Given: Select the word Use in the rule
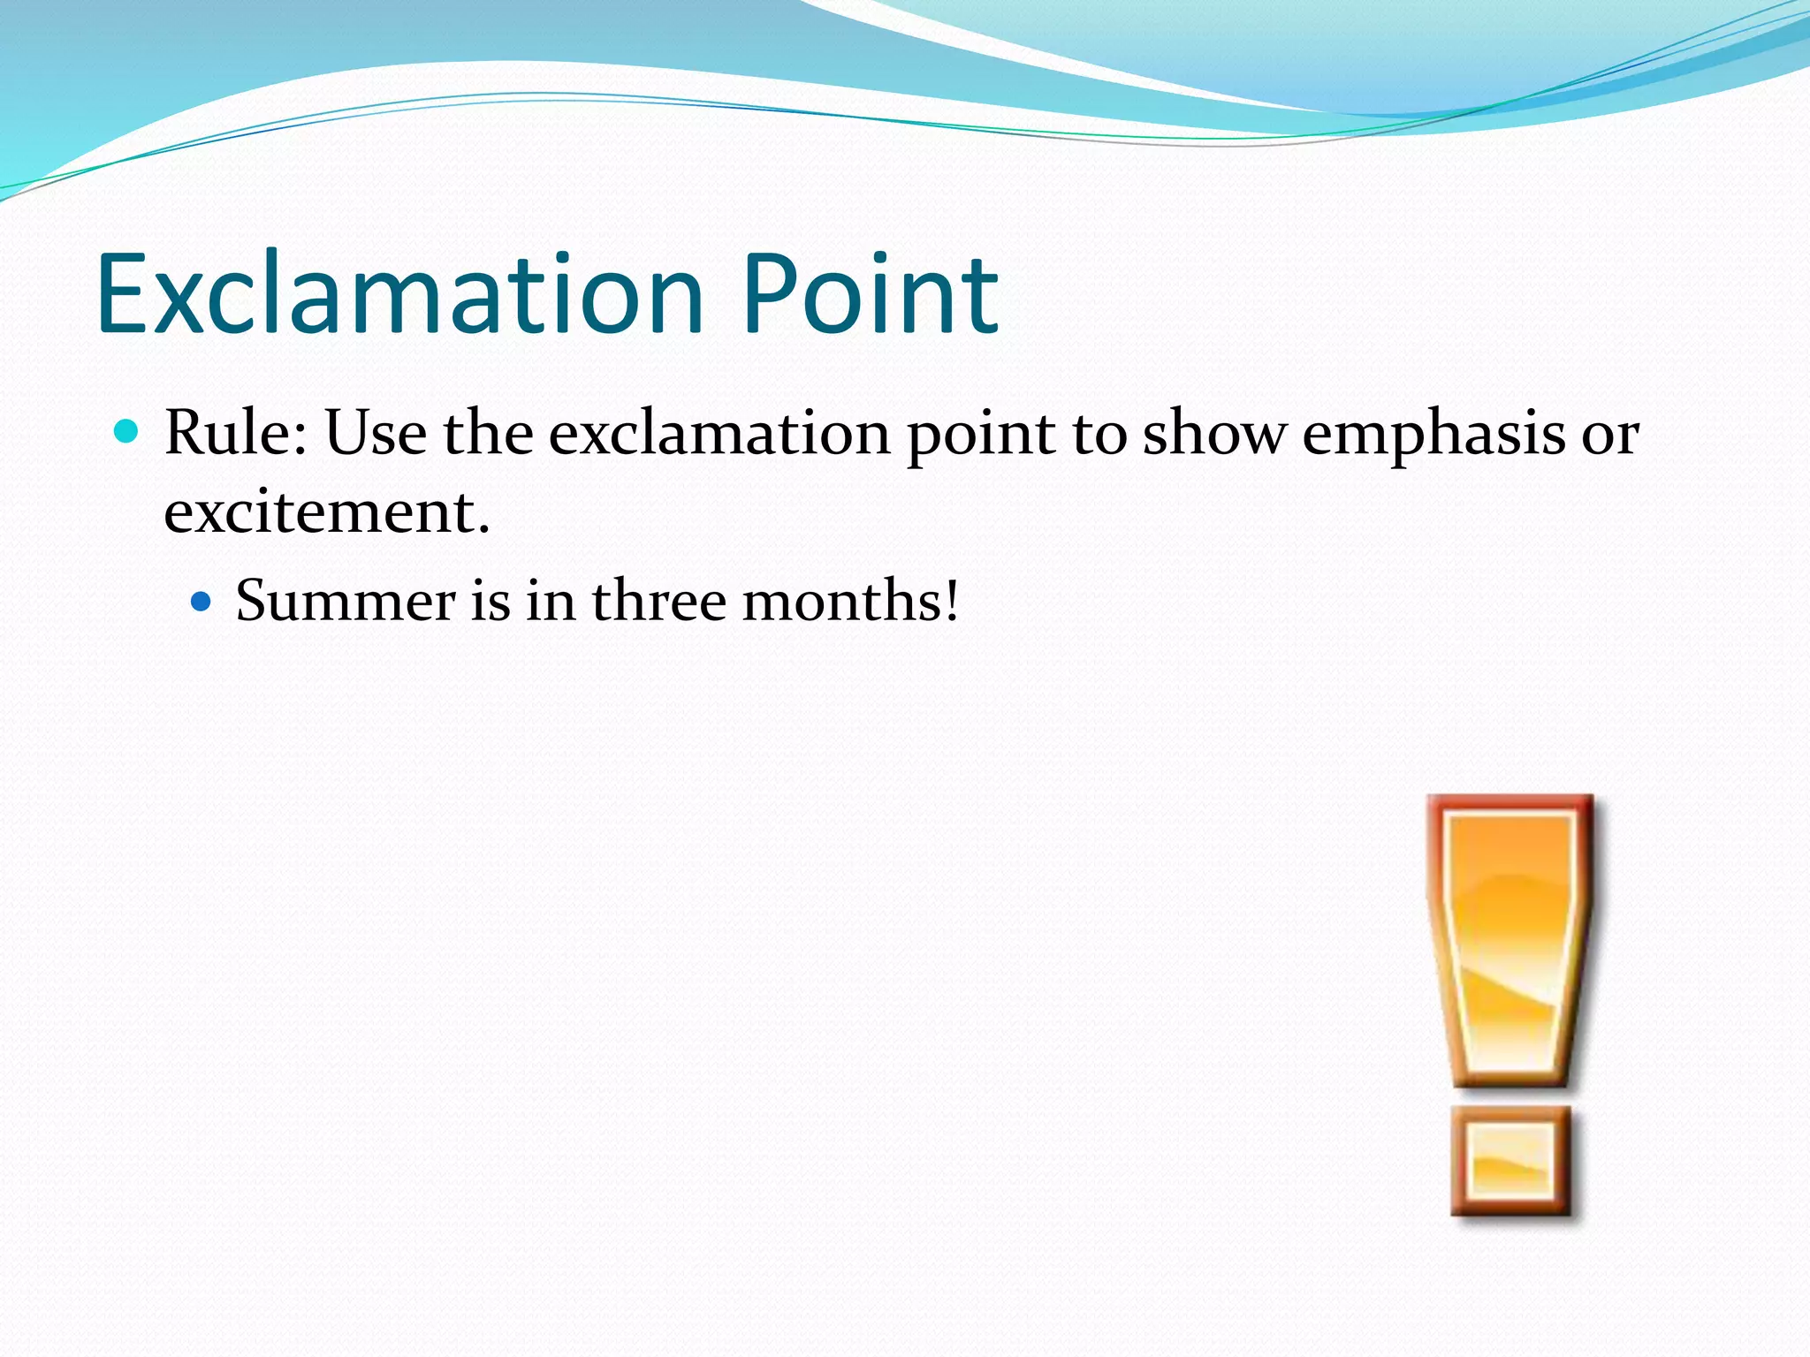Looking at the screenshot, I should click(x=376, y=433).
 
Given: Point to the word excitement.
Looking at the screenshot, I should click(x=326, y=512).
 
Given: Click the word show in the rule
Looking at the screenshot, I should click(x=1213, y=433).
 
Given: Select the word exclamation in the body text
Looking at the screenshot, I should click(x=719, y=433).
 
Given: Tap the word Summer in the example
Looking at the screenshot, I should click(x=345, y=601).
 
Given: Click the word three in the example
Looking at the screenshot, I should click(x=658, y=601).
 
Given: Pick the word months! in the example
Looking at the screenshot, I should click(x=849, y=601).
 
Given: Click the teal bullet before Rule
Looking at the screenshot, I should click(x=127, y=432).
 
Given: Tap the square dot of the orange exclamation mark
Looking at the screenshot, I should click(x=1511, y=1160).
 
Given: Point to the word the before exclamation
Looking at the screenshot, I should click(x=488, y=433).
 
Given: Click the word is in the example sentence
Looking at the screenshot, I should click(x=491, y=601).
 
